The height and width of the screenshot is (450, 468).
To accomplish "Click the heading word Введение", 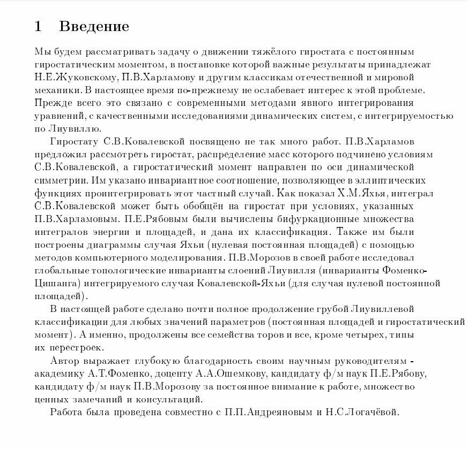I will point(94,26).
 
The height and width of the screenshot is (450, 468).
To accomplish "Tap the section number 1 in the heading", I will point(38,26).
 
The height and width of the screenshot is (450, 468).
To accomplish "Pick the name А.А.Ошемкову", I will point(247,373).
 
